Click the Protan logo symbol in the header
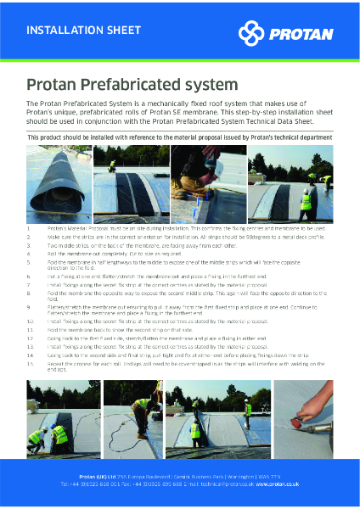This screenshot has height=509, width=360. [252, 33]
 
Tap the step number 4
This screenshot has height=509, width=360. [29, 253]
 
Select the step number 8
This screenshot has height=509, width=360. [29, 293]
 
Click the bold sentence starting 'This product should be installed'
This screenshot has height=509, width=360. [179, 137]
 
